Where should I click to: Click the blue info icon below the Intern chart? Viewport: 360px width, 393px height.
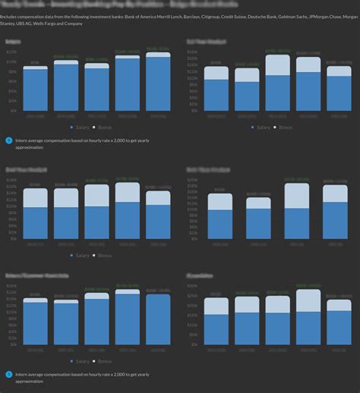[x=8, y=140]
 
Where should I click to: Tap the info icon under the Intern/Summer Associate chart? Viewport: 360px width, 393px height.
[x=8, y=374]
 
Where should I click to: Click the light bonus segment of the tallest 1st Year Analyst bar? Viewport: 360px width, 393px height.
[x=277, y=64]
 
